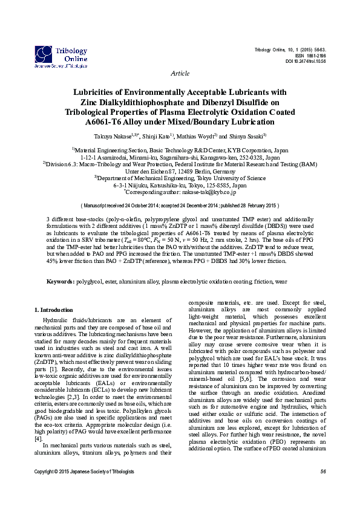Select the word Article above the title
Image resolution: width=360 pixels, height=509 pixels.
pos(180,73)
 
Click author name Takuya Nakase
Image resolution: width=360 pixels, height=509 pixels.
pos(114,137)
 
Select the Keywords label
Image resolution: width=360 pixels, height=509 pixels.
pos(61,282)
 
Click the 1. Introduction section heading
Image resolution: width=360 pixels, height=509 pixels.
pos(54,310)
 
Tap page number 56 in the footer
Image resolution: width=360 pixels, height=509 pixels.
pos(322,488)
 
